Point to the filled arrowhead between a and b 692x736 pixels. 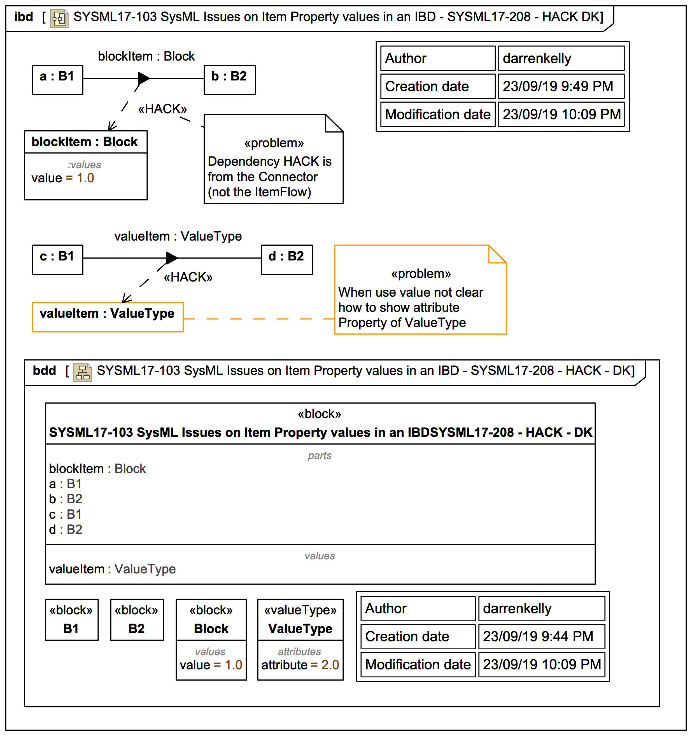coord(143,78)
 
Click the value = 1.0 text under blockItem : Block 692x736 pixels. coord(62,178)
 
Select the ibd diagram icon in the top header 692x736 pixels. coord(59,18)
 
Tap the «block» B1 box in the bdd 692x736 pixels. coord(71,619)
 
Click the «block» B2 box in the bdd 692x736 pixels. coord(136,619)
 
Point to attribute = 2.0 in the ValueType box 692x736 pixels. coord(300,665)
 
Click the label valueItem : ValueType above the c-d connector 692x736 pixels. coord(178,236)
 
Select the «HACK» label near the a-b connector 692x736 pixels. coord(162,109)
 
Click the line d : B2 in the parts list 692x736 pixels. coord(66,529)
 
